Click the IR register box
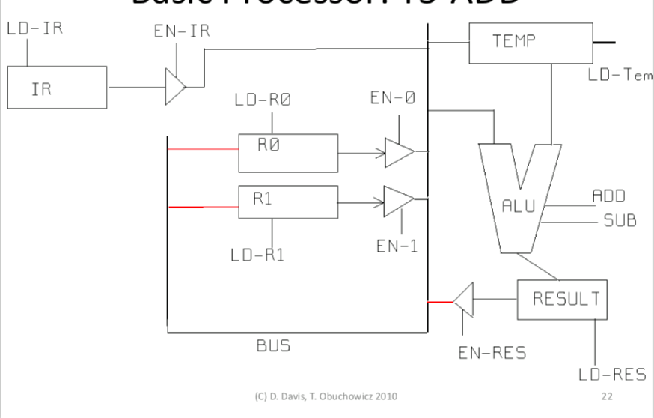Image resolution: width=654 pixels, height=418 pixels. click(x=57, y=88)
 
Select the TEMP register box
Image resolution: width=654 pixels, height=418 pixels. click(x=530, y=43)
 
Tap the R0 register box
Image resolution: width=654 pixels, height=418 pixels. click(x=287, y=154)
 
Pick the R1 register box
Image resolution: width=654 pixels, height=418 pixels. click(x=287, y=202)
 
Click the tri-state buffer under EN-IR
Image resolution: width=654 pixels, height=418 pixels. click(x=174, y=88)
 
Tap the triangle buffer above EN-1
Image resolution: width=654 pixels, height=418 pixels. click(x=398, y=200)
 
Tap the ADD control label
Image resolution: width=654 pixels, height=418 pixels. click(x=608, y=196)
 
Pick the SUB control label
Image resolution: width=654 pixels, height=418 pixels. click(x=619, y=222)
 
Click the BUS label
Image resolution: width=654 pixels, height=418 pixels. click(x=273, y=346)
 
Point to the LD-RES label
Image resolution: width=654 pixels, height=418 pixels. click(x=612, y=375)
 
